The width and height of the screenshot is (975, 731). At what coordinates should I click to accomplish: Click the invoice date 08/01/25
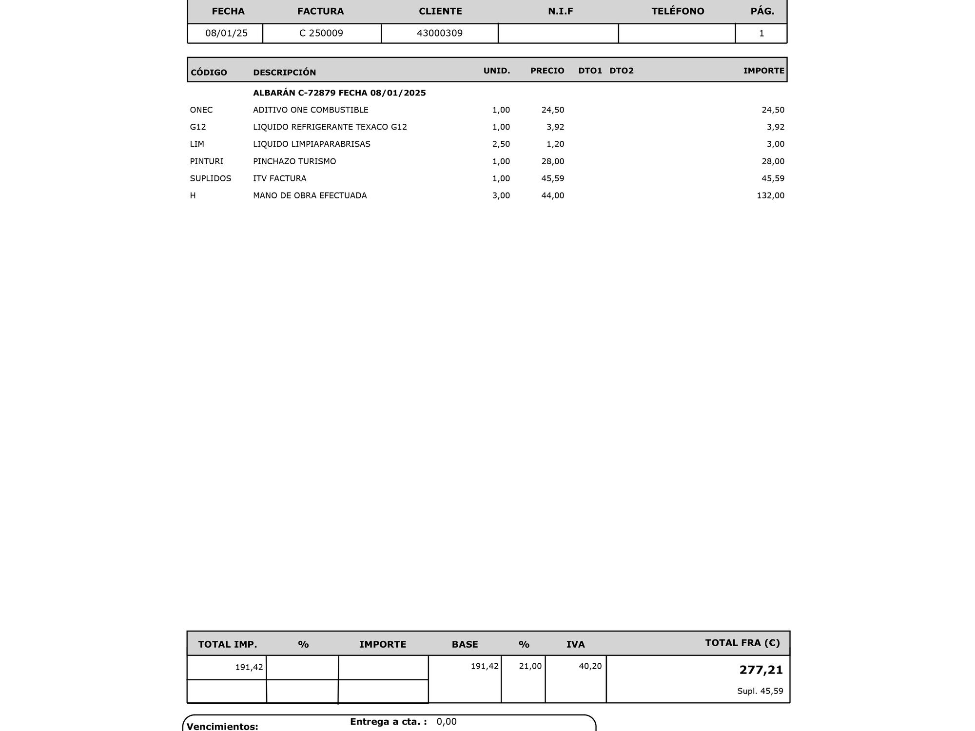226,33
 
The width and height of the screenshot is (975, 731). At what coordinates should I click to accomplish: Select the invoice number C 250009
321,33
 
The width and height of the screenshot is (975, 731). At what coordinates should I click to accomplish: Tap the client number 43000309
440,33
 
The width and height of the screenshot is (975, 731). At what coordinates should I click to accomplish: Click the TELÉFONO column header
678,11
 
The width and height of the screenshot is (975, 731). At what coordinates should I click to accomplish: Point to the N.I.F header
560,11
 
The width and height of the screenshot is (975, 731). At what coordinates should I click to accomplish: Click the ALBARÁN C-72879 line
339,93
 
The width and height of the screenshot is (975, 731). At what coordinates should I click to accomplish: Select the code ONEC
201,110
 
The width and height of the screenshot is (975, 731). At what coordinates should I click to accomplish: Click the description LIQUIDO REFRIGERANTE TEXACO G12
330,127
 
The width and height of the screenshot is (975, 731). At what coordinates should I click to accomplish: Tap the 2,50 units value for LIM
501,144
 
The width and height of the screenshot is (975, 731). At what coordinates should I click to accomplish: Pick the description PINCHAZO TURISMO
294,161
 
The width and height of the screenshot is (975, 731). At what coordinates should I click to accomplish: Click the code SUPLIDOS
211,178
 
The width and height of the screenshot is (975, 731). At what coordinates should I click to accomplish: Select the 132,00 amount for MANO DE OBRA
770,195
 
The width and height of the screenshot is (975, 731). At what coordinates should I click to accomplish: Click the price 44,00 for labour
552,195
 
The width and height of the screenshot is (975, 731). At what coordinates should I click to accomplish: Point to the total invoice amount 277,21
760,670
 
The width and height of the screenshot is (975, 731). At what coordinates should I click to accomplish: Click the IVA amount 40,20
590,666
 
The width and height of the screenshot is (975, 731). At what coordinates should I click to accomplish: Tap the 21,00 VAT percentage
530,666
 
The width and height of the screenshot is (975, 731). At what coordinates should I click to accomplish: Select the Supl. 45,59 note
760,691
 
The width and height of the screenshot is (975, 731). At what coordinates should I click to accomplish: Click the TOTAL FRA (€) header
742,643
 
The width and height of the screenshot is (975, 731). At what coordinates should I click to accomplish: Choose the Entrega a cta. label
388,722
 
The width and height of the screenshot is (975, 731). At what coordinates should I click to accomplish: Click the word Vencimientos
222,727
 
